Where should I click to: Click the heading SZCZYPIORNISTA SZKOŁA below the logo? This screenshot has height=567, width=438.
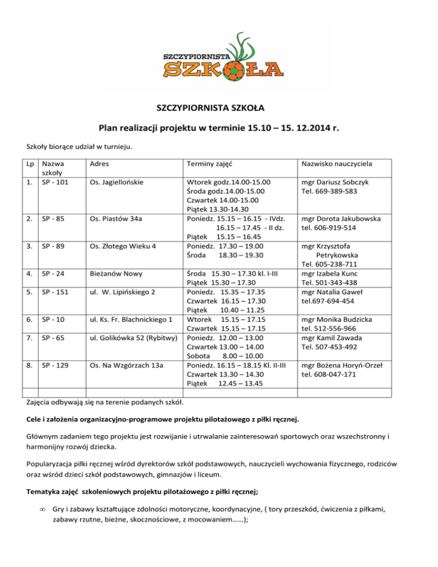(x=218, y=107)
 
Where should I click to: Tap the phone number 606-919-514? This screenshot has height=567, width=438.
(x=340, y=228)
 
